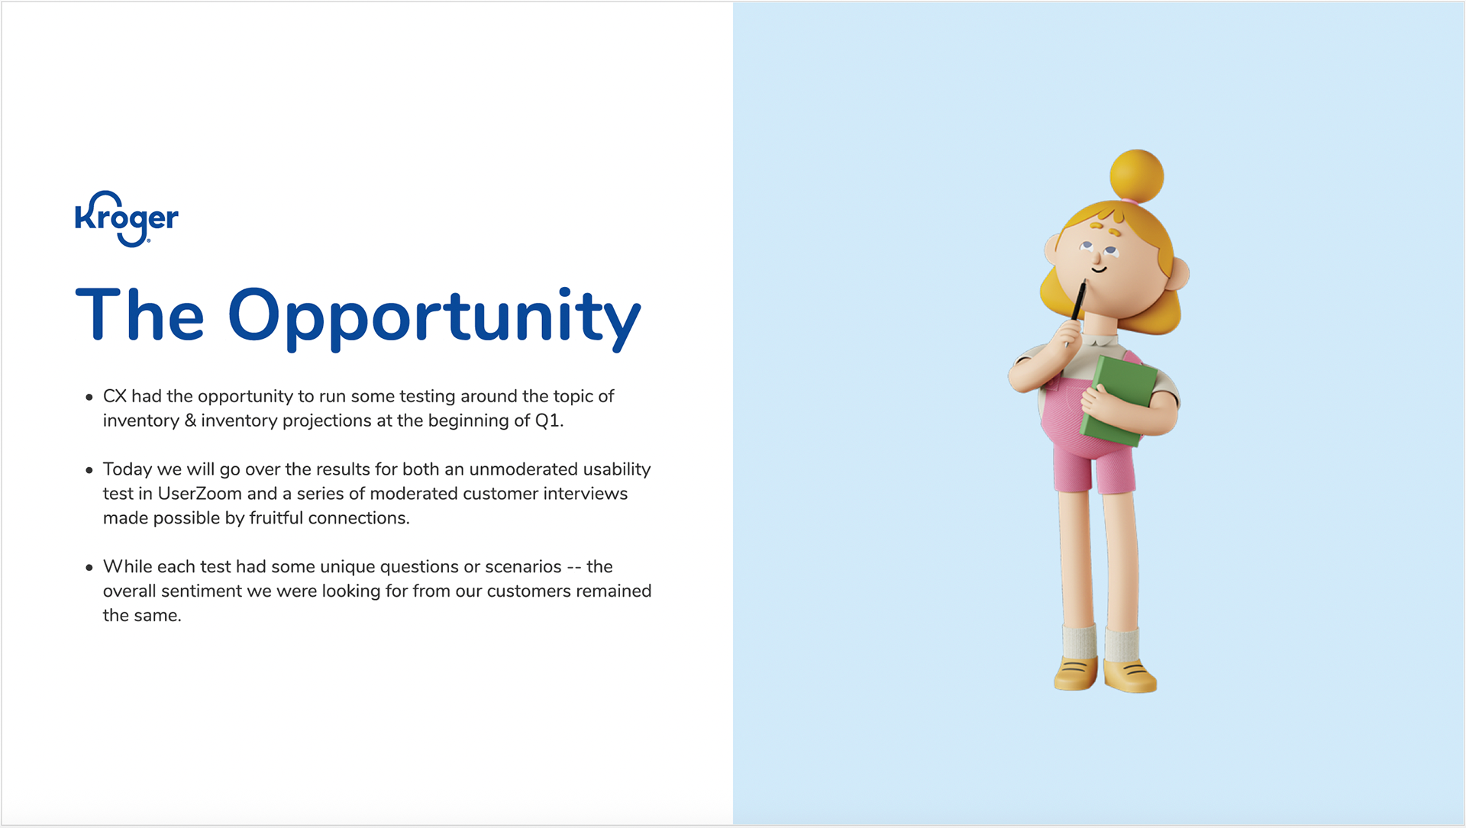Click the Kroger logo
click(127, 218)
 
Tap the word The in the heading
click(140, 314)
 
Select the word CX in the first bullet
click(115, 396)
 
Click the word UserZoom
click(199, 494)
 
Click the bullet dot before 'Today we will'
click(89, 470)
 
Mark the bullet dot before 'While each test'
click(89, 568)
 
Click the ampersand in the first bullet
click(190, 420)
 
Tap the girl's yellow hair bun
click(1137, 176)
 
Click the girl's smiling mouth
click(1099, 269)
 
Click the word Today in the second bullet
click(128, 469)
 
